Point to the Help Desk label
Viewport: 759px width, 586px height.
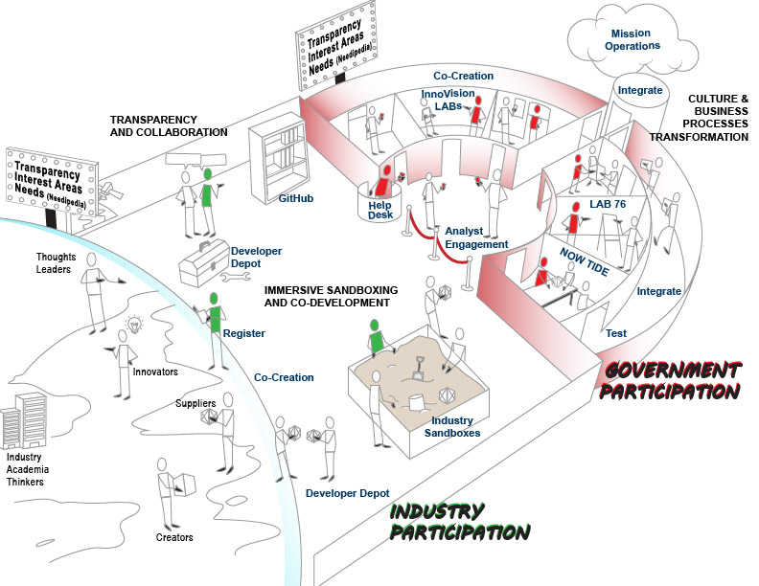click(x=381, y=209)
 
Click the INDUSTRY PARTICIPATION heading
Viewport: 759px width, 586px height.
click(x=459, y=522)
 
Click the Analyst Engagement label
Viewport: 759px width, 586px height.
click(x=476, y=237)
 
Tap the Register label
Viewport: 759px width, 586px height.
click(x=243, y=333)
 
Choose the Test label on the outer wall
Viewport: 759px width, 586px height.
click(x=617, y=334)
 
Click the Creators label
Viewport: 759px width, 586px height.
click(x=174, y=537)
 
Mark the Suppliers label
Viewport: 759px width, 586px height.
click(x=195, y=402)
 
